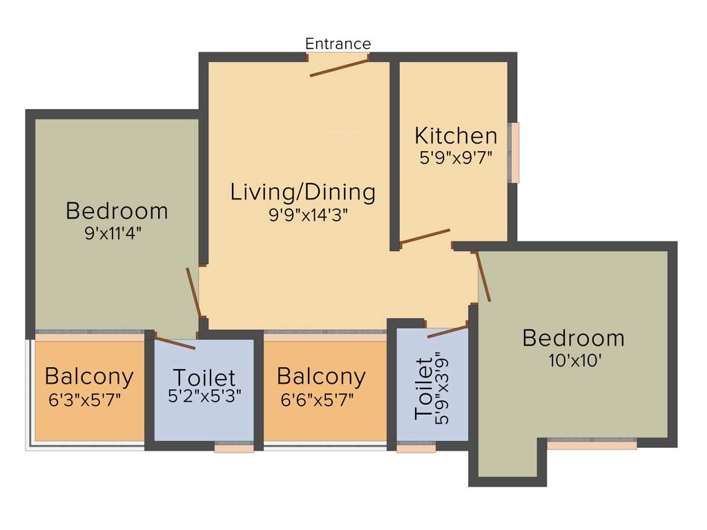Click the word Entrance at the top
point(338,44)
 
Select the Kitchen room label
point(455,135)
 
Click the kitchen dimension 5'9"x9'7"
point(455,157)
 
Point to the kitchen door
point(425,237)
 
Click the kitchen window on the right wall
point(514,153)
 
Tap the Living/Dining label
point(303,192)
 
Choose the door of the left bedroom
point(193,291)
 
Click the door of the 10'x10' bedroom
point(483,277)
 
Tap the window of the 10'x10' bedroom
point(592,445)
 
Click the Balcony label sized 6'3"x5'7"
point(89,377)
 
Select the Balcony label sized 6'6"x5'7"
point(321,377)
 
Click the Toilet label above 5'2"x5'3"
point(204,378)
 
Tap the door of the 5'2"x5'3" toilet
point(175,342)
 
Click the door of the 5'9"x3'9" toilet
point(447,332)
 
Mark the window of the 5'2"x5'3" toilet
point(234,449)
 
